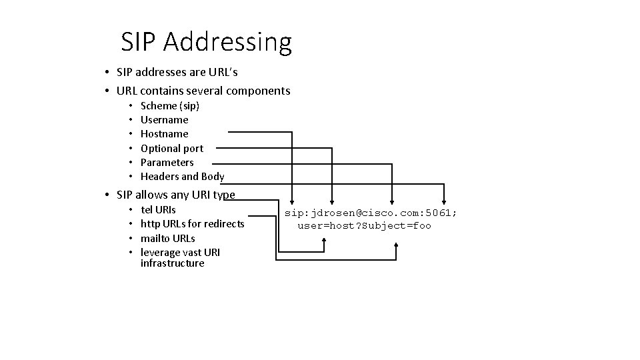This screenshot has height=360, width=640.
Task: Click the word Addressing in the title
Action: [x=227, y=43]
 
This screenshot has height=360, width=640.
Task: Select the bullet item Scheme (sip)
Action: [x=170, y=105]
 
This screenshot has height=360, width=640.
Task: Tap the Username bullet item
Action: [x=164, y=120]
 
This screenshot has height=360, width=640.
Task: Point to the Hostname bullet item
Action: [x=164, y=134]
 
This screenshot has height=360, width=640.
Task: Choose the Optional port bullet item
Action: [x=172, y=148]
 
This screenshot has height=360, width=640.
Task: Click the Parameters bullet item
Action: [x=167, y=162]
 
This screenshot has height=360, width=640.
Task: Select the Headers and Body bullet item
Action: [x=182, y=177]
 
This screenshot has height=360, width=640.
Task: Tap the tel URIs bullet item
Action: [x=159, y=210]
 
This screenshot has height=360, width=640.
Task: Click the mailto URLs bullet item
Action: [x=168, y=238]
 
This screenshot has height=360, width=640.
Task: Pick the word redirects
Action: [x=222, y=224]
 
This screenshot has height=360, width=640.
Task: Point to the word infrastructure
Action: [x=172, y=263]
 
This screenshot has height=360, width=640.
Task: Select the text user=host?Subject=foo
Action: [x=364, y=226]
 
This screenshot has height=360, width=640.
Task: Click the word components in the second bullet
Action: [x=258, y=91]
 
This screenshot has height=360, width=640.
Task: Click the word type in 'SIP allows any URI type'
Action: [x=223, y=195]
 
